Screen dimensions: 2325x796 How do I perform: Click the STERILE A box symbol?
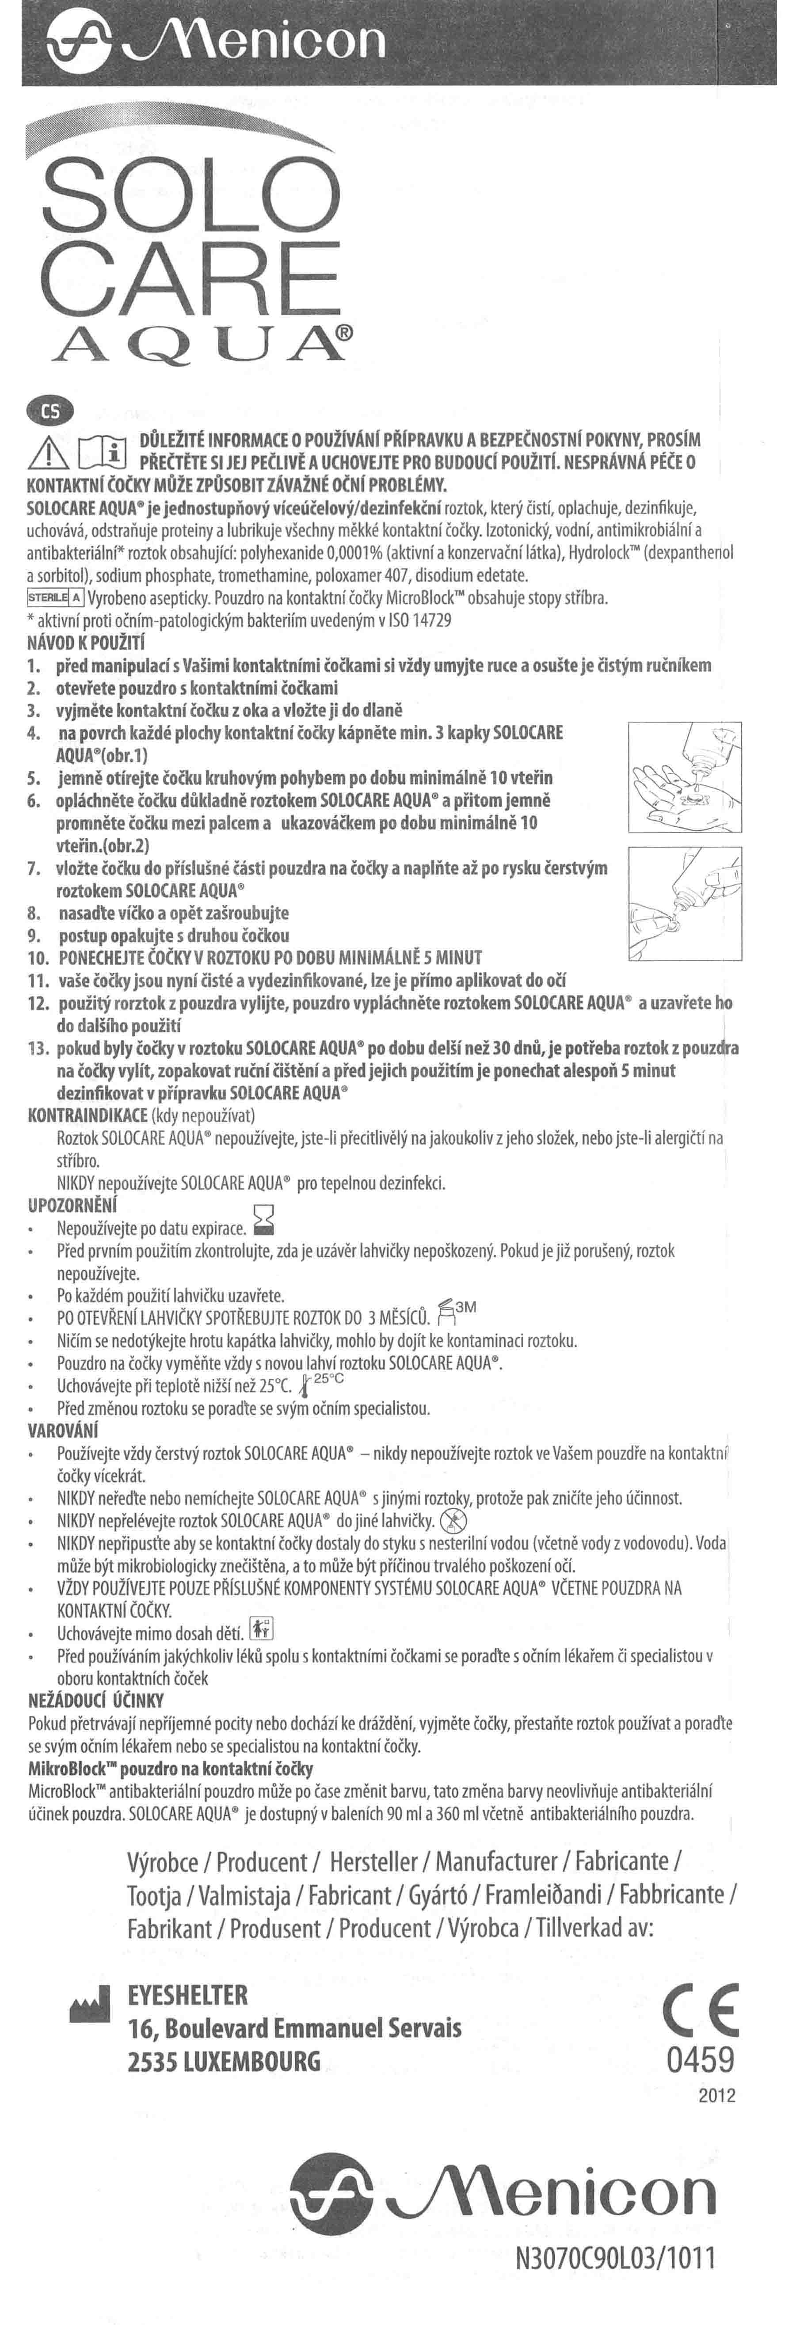pyautogui.click(x=56, y=597)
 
